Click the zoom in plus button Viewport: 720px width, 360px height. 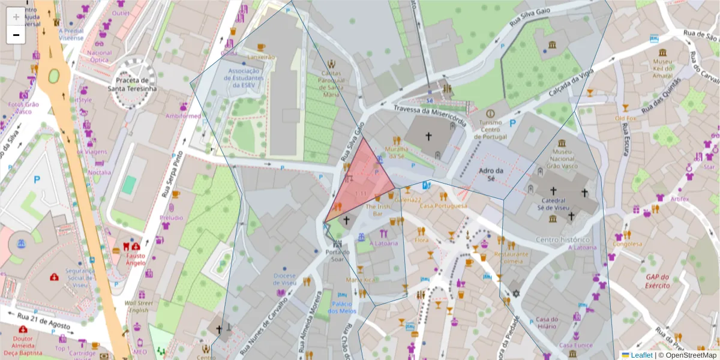(16, 16)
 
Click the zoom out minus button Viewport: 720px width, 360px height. (16, 35)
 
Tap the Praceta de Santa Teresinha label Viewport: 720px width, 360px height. (132, 85)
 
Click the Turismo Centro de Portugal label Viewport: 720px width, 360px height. (490, 129)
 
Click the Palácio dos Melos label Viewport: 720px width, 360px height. (343, 307)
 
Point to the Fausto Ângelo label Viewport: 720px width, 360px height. (135, 259)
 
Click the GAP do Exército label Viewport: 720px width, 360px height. (658, 281)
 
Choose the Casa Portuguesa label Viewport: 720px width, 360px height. (443, 206)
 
